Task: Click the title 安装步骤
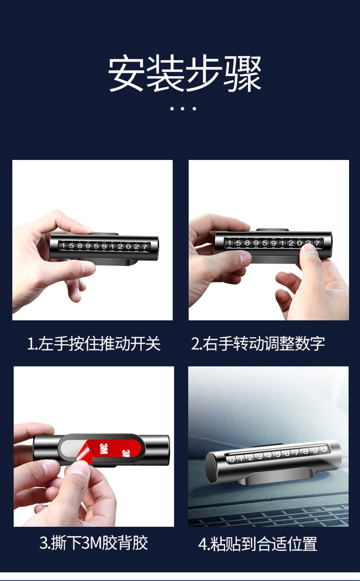(184, 73)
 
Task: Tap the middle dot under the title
(182, 109)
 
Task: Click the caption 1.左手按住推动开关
(94, 344)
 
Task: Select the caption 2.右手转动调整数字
(258, 344)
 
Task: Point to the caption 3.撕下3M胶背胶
(94, 543)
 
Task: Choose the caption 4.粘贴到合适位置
(258, 544)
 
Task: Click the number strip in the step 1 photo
(104, 246)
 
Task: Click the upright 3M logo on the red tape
(103, 449)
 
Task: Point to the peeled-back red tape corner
(85, 453)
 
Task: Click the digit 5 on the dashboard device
(278, 454)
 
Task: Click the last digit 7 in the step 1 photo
(145, 247)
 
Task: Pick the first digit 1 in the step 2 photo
(229, 243)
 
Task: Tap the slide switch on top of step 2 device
(272, 230)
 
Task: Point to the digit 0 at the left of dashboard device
(232, 460)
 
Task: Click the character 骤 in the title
(243, 73)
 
